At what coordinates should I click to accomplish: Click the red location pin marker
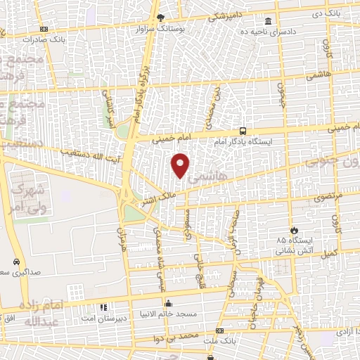[181, 165]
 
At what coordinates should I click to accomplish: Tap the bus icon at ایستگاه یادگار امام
[243, 130]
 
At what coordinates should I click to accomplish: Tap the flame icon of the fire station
[294, 230]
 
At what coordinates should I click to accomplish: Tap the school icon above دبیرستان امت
[104, 307]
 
